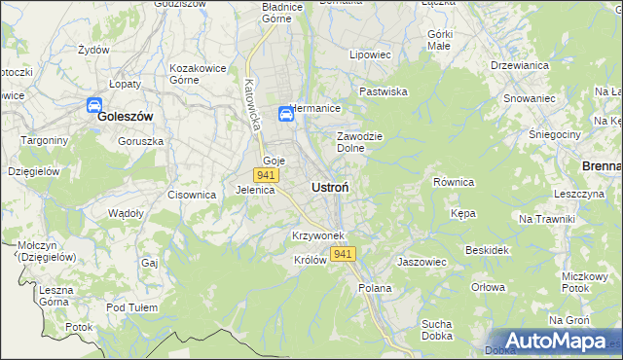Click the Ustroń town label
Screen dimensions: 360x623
pos(331,186)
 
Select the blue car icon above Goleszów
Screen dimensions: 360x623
pos(95,104)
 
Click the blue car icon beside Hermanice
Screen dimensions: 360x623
pos(286,115)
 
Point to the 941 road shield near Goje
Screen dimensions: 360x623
pos(266,175)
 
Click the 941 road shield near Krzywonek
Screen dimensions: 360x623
pos(342,254)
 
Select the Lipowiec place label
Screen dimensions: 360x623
pos(370,55)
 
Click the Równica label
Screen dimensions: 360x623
pos(453,182)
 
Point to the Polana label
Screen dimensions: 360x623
pos(375,288)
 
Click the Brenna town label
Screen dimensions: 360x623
pos(602,166)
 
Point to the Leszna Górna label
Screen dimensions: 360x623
pos(56,296)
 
